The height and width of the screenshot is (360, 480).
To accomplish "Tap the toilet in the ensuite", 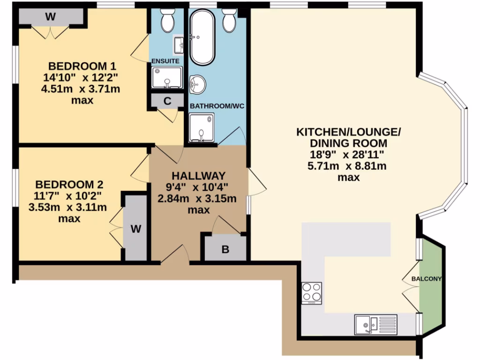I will tap(167, 21).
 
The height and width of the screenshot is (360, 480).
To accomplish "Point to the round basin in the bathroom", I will tap(197, 85).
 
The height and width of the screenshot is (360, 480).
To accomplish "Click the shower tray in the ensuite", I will tap(166, 77).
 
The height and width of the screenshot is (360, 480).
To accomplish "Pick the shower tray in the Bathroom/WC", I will tap(201, 127).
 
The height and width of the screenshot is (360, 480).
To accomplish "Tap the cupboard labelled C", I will tap(167, 101).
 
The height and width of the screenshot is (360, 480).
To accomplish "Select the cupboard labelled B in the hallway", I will tap(225, 249).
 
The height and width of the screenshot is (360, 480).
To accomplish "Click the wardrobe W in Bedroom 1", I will tap(51, 17).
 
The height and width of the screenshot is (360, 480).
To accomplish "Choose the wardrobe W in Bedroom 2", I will tap(135, 228).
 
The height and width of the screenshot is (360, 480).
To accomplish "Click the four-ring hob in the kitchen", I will tap(312, 293).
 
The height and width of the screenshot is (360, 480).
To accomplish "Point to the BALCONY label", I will tap(427, 279).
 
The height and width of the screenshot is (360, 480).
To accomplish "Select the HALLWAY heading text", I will tap(198, 176).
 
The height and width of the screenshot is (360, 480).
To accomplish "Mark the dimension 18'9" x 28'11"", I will tap(348, 154).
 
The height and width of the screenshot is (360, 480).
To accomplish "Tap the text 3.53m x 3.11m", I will tap(68, 207).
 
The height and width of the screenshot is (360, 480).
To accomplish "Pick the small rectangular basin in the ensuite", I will tap(179, 45).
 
